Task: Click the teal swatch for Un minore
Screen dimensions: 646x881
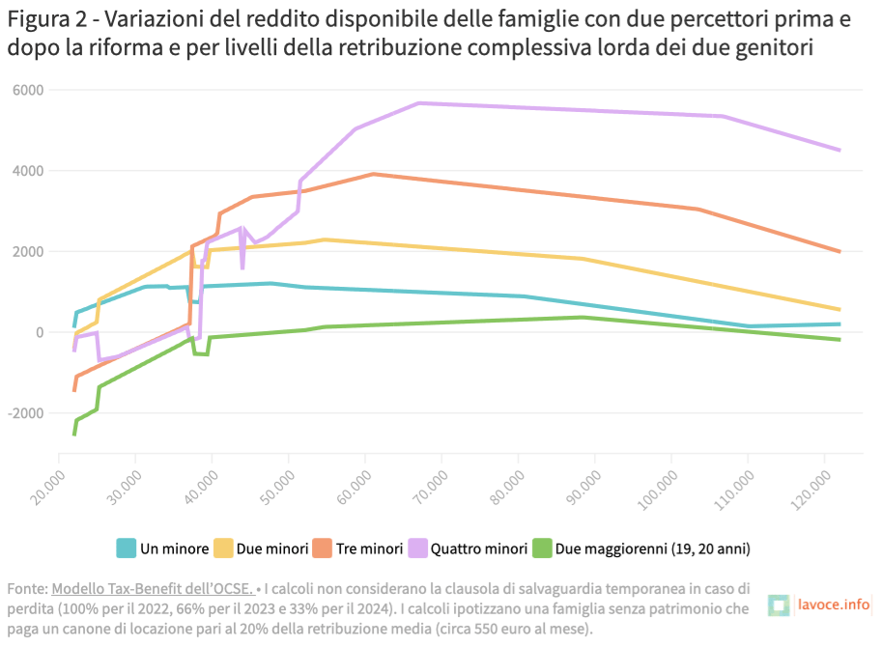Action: tap(126, 548)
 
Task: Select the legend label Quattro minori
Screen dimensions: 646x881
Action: tap(472, 548)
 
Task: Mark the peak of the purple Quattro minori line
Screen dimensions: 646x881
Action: tap(419, 102)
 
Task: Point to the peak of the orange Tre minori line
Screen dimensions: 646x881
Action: tap(374, 174)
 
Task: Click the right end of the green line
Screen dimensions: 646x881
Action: tap(839, 340)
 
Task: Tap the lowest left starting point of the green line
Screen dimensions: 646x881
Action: tap(74, 435)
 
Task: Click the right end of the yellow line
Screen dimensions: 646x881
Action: tap(839, 309)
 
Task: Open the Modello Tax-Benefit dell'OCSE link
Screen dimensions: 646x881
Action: tap(153, 588)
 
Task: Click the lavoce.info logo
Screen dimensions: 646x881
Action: tap(819, 605)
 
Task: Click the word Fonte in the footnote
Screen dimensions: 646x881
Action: tap(26, 588)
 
